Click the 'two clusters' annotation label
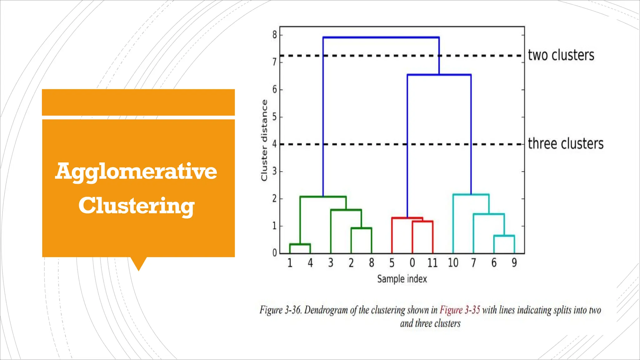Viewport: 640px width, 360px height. tap(561, 55)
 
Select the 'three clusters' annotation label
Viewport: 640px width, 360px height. tap(566, 144)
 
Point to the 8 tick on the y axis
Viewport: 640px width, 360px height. tap(275, 35)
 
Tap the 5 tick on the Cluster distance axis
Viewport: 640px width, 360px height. tap(275, 117)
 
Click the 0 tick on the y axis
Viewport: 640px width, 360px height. tap(275, 252)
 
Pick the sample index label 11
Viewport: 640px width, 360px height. tap(432, 263)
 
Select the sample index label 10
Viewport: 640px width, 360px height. tap(453, 263)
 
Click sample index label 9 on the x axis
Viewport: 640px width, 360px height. tap(514, 263)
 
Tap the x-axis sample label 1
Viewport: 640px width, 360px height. tap(290, 263)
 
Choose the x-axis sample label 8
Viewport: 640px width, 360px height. tap(372, 263)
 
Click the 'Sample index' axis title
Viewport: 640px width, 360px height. tap(402, 279)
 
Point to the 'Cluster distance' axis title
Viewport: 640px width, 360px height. tap(264, 140)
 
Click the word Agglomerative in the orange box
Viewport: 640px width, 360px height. tap(136, 172)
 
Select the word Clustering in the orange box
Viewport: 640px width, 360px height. tap(137, 206)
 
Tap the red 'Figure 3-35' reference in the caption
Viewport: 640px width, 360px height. tap(460, 310)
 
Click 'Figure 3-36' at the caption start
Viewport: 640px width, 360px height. tap(280, 310)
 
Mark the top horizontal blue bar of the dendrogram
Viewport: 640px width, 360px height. tap(381, 37)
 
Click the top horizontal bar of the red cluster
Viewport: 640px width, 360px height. tap(407, 218)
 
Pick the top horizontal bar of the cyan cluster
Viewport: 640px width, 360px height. tap(471, 195)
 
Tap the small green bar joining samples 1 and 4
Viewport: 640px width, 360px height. tap(300, 244)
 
